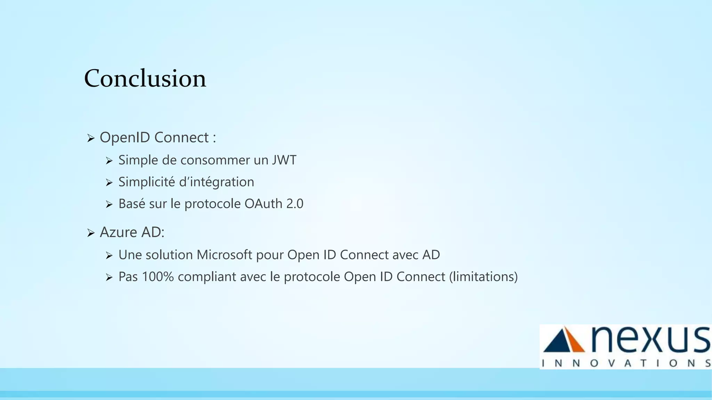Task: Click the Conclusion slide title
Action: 145,78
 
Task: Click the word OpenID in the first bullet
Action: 125,137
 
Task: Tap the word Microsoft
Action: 224,255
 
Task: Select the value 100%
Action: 158,277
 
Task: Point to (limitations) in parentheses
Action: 483,277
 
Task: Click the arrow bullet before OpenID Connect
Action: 91,139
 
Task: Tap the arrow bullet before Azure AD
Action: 91,233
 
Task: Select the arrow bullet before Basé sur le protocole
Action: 109,205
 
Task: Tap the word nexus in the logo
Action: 650,339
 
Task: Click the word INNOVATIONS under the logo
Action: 626,363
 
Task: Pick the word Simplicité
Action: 146,182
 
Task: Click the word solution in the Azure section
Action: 169,255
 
